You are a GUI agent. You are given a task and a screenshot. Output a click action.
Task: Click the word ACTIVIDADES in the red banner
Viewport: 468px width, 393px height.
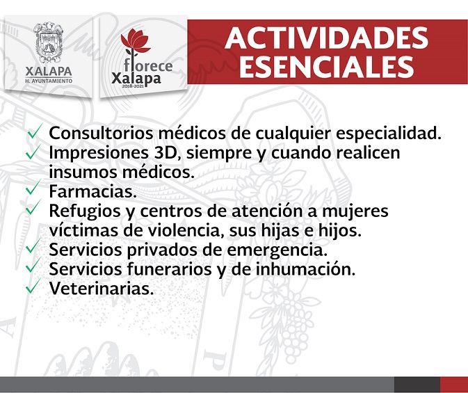coord(327,38)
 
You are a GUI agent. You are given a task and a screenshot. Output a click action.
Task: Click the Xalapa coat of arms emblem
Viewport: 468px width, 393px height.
coord(49,42)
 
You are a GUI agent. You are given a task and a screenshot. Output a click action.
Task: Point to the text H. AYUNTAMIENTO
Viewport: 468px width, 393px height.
coord(49,81)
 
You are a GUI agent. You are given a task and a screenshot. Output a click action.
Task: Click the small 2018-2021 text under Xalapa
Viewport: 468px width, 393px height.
coord(133,86)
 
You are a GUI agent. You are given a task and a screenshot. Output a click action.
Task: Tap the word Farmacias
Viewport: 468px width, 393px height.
coord(92,191)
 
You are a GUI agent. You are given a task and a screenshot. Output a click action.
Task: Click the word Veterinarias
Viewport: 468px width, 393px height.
coord(102,288)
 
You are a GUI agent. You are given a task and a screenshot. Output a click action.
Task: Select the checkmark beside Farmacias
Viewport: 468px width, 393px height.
coord(33,188)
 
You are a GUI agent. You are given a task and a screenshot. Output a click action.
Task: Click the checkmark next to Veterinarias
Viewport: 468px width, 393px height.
coord(33,285)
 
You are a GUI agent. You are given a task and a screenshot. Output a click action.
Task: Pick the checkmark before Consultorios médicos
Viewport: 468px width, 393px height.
coord(34,131)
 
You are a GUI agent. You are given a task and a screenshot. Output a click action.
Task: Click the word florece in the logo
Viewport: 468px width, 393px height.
coord(148,65)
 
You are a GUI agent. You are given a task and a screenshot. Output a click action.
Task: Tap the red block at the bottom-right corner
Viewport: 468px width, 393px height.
coord(454,385)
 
